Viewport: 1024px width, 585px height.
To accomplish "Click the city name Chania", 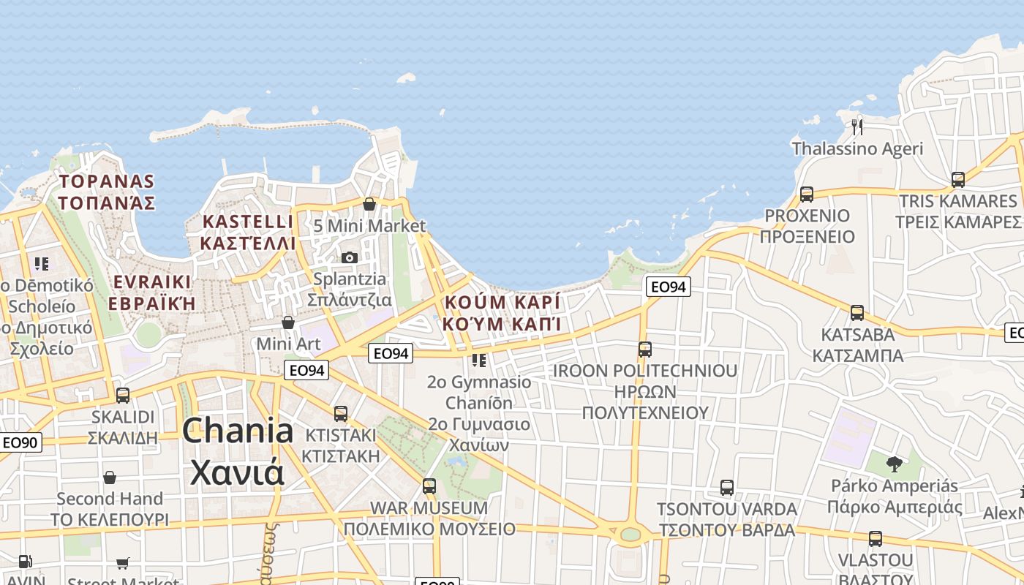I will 238,431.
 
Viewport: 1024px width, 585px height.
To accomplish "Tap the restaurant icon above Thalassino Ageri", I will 857,127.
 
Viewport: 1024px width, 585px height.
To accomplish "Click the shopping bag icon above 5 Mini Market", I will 369,204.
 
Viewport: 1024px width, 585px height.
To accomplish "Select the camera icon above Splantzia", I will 350,257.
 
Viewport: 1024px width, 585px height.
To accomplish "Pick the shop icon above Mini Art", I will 288,322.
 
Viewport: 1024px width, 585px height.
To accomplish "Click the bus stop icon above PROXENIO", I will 806,195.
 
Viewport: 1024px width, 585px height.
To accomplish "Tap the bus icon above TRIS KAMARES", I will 957,179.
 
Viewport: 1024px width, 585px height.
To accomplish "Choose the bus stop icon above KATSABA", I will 857,313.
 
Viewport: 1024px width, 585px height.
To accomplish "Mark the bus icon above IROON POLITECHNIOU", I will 644,350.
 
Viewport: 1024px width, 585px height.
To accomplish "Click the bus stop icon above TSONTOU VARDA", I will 726,487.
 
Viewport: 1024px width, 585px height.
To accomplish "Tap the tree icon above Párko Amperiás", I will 894,464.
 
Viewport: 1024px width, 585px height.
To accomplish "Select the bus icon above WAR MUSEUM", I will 429,486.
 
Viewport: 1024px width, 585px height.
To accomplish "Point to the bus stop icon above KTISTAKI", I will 341,414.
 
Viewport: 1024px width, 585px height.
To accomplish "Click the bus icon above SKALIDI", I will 123,396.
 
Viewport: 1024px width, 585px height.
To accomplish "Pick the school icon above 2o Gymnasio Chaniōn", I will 479,360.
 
